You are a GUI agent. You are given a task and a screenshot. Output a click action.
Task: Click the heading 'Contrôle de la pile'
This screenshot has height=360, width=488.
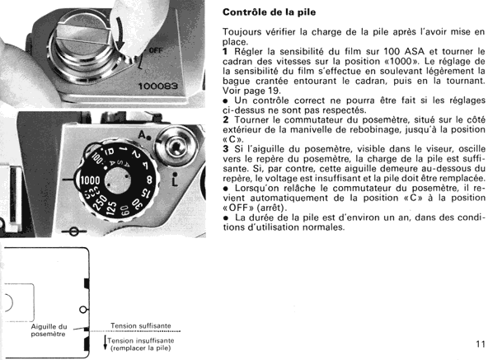tap(270, 12)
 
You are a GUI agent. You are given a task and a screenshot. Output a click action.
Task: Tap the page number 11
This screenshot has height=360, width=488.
tap(481, 344)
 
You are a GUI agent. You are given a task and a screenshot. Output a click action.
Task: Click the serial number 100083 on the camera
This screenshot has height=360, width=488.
tap(157, 86)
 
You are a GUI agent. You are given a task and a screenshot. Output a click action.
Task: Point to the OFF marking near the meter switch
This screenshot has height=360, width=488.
tap(156, 49)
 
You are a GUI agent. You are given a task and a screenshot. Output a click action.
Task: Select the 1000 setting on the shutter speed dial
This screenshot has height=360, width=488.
tap(90, 180)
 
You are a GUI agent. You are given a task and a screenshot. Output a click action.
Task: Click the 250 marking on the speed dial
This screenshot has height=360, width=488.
tap(101, 202)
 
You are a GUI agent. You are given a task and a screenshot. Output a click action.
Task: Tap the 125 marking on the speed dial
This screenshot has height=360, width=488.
tap(111, 208)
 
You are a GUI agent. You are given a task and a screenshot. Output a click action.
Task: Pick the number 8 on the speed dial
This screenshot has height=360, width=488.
tap(149, 180)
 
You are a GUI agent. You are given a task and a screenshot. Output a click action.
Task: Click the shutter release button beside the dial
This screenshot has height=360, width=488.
tap(176, 146)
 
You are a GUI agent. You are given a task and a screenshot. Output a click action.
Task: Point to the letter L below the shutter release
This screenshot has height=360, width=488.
tap(175, 180)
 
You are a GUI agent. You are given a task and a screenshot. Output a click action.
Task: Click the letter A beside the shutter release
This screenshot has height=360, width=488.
tap(143, 135)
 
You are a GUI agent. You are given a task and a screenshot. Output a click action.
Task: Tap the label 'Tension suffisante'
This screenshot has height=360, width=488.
tap(141, 325)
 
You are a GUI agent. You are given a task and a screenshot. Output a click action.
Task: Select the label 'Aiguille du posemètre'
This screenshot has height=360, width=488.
tap(49, 330)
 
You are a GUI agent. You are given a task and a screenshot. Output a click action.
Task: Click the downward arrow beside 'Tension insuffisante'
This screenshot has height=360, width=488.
tap(106, 343)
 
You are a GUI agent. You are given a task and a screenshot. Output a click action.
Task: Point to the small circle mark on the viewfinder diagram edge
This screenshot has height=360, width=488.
tap(82, 310)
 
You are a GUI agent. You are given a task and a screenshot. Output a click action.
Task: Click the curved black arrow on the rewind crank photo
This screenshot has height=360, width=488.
tap(120, 33)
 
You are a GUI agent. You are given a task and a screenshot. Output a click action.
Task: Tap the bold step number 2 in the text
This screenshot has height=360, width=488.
tap(226, 119)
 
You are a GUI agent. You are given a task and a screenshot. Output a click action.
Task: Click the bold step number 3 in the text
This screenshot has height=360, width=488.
tap(226, 149)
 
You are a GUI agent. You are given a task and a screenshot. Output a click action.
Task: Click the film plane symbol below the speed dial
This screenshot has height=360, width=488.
tap(73, 231)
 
